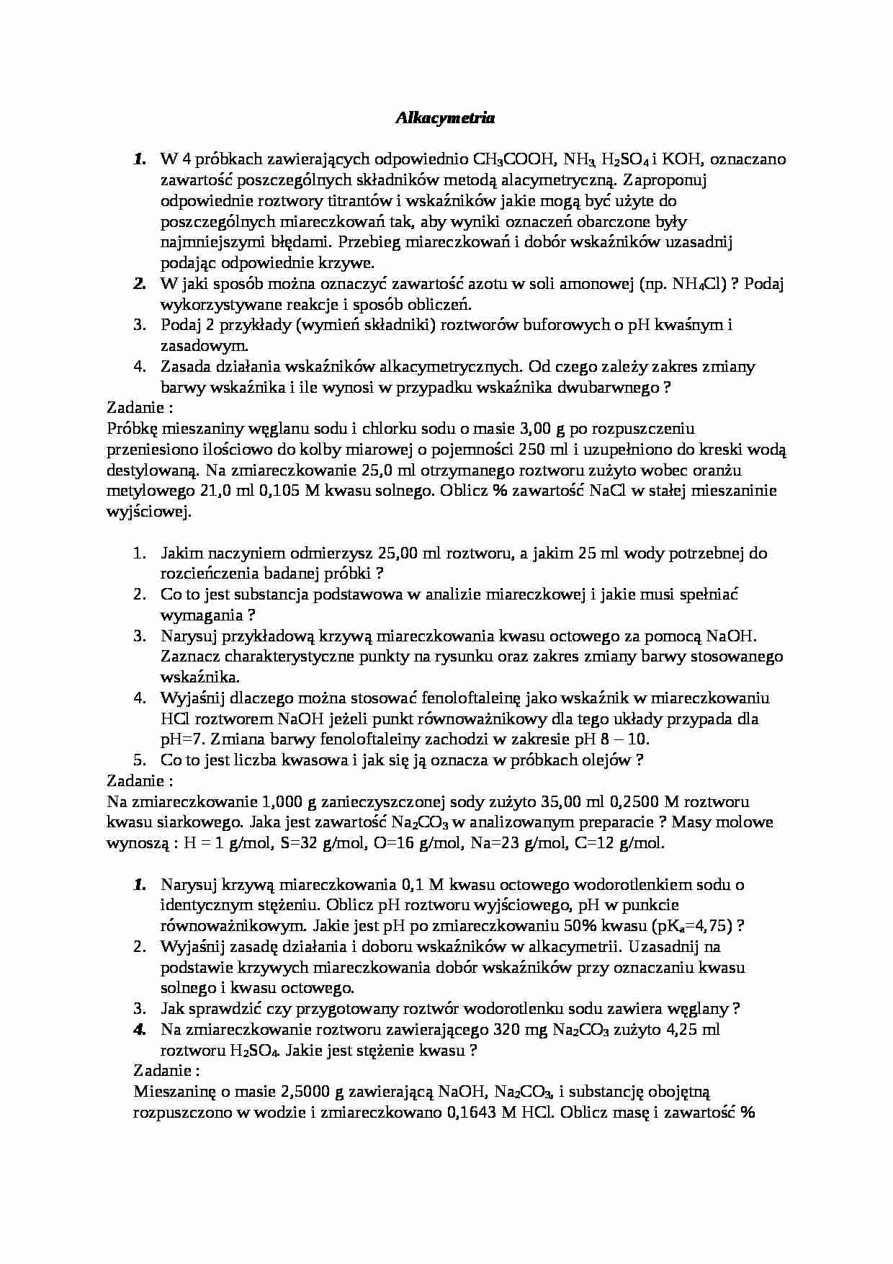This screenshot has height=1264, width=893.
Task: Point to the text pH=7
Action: click(182, 739)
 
